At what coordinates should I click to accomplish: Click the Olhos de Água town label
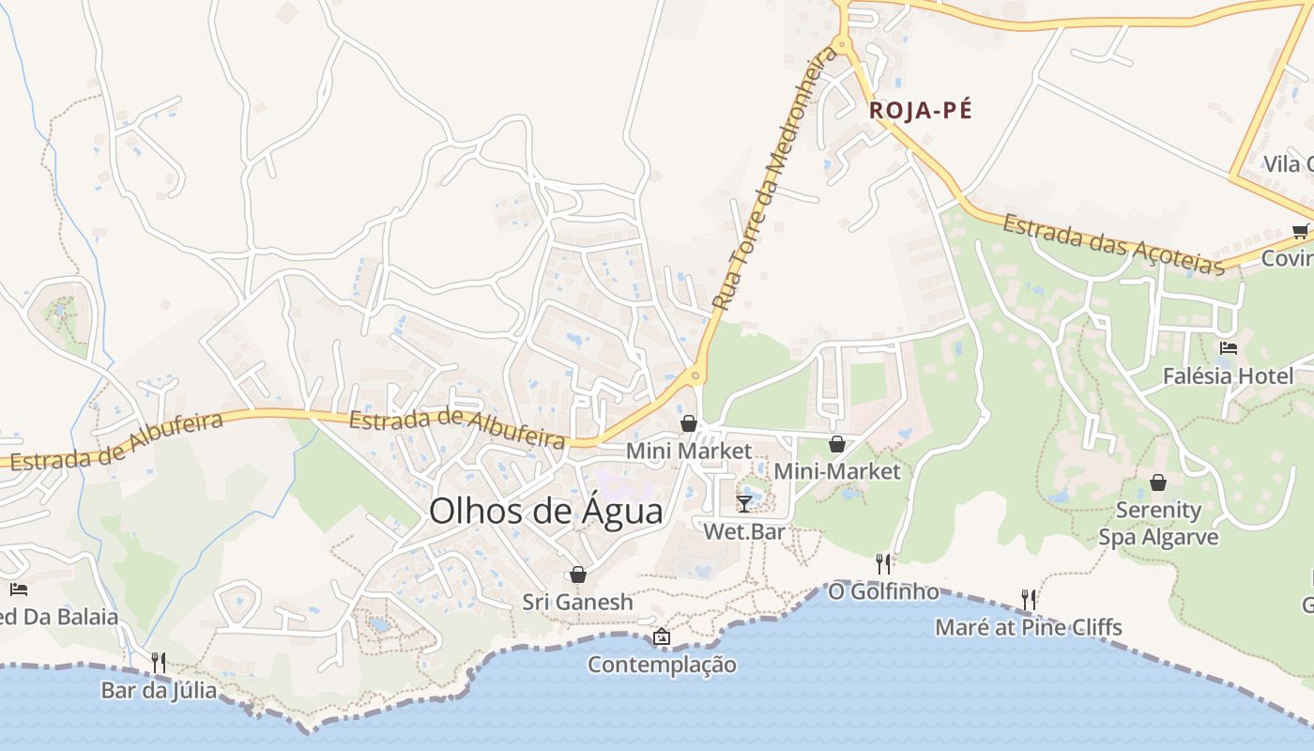(x=545, y=512)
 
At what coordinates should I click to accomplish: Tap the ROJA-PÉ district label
(x=920, y=111)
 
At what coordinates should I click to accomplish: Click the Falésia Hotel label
(x=1228, y=376)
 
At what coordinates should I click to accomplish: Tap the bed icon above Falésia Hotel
(x=1228, y=348)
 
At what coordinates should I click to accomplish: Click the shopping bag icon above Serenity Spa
(x=1158, y=483)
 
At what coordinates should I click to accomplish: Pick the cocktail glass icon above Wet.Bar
(x=744, y=504)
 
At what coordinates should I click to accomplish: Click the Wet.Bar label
(x=744, y=532)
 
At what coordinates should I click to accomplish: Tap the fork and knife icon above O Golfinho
(x=883, y=563)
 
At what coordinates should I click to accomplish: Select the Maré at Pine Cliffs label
(x=1029, y=627)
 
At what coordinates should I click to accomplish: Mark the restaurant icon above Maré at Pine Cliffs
(x=1029, y=599)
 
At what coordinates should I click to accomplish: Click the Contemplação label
(x=662, y=665)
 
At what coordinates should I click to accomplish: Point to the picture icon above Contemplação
(x=662, y=636)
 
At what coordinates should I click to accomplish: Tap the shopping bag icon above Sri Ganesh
(x=578, y=575)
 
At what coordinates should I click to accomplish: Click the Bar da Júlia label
(x=159, y=691)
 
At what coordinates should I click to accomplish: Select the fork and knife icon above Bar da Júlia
(x=159, y=663)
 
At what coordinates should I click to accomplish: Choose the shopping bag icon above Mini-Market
(x=836, y=444)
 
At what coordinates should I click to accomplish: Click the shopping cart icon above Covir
(x=1300, y=231)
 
